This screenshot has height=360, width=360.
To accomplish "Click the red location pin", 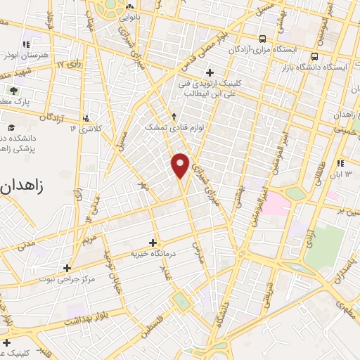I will click(181, 165).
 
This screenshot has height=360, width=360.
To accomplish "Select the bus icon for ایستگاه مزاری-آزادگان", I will click(262, 39).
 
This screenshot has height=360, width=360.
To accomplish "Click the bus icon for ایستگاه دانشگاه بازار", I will click(315, 56).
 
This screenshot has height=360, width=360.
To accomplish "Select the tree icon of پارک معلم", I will click(13, 90).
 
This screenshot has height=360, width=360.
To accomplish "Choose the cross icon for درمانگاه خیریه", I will click(153, 243).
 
